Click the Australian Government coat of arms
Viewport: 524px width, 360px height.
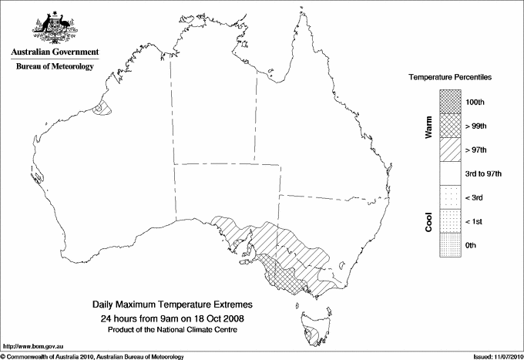click(x=53, y=27)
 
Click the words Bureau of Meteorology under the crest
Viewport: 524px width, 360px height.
click(x=54, y=67)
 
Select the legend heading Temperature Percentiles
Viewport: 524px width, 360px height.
click(x=450, y=79)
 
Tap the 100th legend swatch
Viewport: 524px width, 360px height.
click(x=450, y=102)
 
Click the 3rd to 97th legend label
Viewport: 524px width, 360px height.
click(x=483, y=173)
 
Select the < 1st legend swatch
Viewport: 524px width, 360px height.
click(x=450, y=221)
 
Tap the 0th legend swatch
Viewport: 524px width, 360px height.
click(x=450, y=245)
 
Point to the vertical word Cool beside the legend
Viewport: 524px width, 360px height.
click(x=428, y=221)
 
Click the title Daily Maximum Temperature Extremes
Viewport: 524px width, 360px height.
click(x=172, y=305)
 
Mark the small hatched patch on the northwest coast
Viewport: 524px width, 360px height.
click(x=100, y=108)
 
